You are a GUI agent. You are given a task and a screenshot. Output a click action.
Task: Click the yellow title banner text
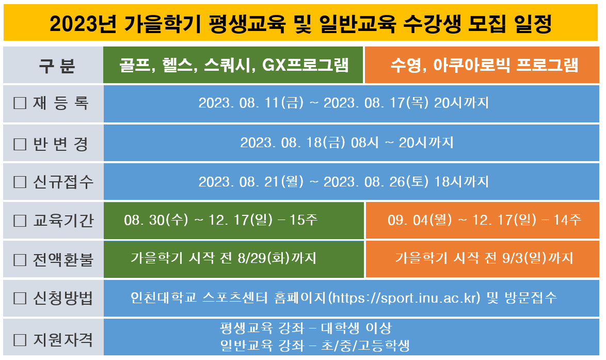point(300,24)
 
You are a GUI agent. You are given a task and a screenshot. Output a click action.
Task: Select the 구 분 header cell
point(53,65)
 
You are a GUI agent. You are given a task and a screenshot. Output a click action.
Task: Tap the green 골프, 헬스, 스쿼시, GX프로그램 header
point(233,65)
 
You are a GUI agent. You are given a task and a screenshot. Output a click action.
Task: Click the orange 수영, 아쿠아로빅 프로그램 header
point(482,65)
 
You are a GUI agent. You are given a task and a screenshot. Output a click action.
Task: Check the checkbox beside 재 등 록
point(20,103)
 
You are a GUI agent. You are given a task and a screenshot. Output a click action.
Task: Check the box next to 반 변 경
point(20,144)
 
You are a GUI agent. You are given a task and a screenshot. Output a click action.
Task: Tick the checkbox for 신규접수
point(20,182)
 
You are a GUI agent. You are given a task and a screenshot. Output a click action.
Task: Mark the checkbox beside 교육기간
point(20,221)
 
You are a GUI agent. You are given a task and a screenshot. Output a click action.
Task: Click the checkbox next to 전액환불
point(20,260)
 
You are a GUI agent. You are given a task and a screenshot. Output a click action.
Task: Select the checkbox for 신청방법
point(20,298)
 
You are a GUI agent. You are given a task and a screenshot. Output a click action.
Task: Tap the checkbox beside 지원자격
point(20,340)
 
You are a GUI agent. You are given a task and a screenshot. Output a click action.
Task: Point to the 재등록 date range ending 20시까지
point(344,103)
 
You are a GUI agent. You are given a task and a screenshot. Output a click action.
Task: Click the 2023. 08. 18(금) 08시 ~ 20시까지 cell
point(347,143)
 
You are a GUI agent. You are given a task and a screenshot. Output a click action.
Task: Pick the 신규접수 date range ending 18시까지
point(344,181)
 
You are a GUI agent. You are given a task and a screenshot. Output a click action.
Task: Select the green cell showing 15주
point(234,220)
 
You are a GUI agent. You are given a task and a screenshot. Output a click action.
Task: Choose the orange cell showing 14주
point(482,220)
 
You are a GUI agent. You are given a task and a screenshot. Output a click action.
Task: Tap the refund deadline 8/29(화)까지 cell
point(234,259)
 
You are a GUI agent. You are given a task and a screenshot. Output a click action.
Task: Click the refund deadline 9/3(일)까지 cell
point(482,259)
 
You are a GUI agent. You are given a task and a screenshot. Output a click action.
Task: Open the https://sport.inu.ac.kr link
point(404,298)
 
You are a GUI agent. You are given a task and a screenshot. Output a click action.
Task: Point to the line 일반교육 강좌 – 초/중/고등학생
point(315,346)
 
